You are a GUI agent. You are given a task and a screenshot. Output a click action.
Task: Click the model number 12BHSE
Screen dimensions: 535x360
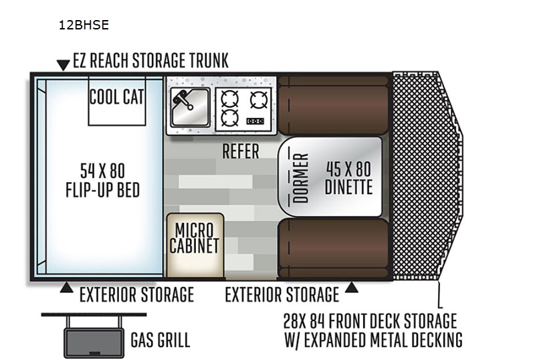pyautogui.click(x=84, y=25)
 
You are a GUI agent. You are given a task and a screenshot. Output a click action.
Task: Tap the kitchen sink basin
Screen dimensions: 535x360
pyautogui.click(x=190, y=107)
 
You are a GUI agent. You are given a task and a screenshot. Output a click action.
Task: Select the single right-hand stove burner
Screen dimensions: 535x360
pyautogui.click(x=259, y=100)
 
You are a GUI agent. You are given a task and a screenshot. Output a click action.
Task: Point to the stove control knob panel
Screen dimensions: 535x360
pyautogui.click(x=255, y=121)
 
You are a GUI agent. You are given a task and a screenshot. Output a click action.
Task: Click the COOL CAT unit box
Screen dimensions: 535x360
pyautogui.click(x=117, y=101)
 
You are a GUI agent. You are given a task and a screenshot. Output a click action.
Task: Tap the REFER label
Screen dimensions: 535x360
pyautogui.click(x=241, y=151)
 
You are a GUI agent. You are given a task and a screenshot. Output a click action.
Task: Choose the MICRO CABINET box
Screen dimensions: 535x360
pyautogui.click(x=195, y=245)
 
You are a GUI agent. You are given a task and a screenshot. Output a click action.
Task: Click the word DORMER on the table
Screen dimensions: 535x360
pyautogui.click(x=300, y=178)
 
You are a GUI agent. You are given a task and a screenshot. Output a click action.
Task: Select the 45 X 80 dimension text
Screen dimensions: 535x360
pyautogui.click(x=348, y=169)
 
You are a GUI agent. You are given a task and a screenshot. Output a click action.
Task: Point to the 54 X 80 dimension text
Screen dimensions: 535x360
pyautogui.click(x=102, y=171)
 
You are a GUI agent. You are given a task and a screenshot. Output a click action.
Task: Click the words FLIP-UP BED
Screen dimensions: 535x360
pyautogui.click(x=103, y=190)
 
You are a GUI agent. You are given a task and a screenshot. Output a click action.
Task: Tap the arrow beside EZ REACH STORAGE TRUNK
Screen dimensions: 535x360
pyautogui.click(x=63, y=65)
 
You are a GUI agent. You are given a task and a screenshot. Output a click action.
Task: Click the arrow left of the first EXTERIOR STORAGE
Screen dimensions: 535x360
pyautogui.click(x=66, y=288)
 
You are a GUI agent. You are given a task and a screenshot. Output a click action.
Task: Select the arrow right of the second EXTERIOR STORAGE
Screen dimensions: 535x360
pyautogui.click(x=352, y=288)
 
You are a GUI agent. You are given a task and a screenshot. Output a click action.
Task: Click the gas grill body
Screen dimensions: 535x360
pyautogui.click(x=94, y=343)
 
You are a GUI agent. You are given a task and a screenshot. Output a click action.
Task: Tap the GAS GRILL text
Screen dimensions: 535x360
pyautogui.click(x=160, y=340)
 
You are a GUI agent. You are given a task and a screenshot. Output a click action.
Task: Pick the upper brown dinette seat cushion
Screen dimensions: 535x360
pyautogui.click(x=333, y=105)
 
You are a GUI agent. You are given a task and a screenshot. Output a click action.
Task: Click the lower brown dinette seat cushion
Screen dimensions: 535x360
pyautogui.click(x=333, y=248)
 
